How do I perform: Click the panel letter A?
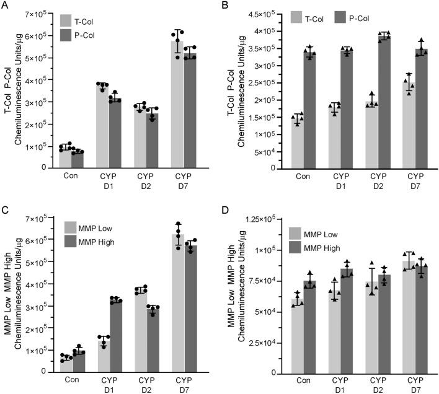(x=5, y=6)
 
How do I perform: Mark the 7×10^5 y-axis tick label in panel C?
(x=41, y=218)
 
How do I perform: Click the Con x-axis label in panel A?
(x=72, y=175)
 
